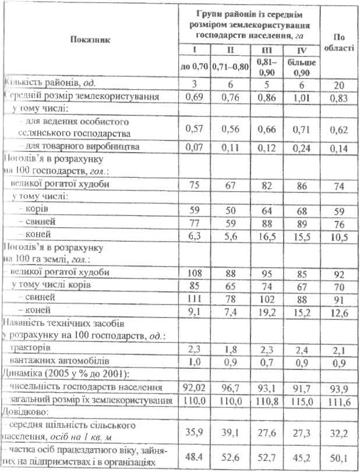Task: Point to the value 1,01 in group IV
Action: pyautogui.click(x=301, y=97)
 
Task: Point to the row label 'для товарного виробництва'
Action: pyautogui.click(x=76, y=147)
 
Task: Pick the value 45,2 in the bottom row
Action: pyautogui.click(x=301, y=459)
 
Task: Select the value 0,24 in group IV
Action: pyautogui.click(x=301, y=147)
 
